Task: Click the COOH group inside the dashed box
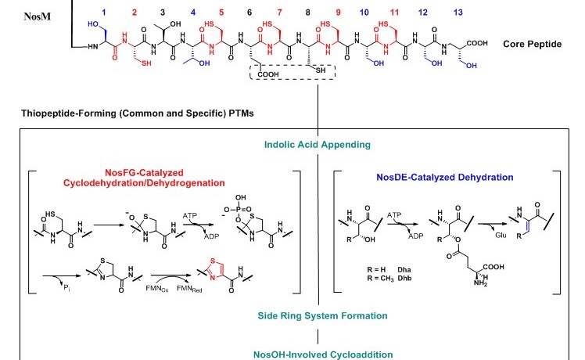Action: (x=267, y=76)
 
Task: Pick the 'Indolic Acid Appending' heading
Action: (x=316, y=143)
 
